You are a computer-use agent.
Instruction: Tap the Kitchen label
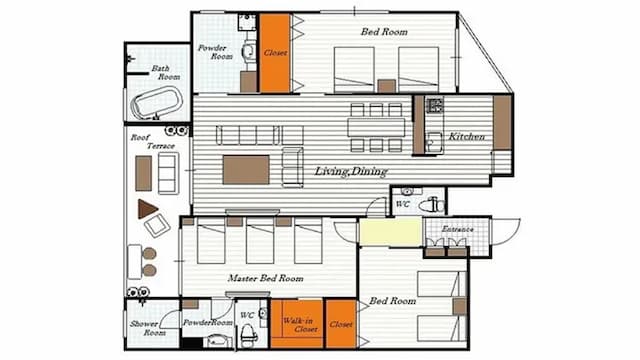coord(467,136)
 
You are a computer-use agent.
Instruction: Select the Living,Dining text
coord(351,171)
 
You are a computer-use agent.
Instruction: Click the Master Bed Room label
coord(266,278)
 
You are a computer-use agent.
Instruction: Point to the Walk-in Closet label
coord(300,324)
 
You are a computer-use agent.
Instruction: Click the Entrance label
coord(458,229)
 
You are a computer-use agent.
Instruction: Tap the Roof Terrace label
coord(153,141)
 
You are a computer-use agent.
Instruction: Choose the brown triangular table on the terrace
coord(147,209)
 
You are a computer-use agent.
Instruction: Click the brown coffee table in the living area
coord(246,169)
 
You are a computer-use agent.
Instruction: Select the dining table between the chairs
coord(376,127)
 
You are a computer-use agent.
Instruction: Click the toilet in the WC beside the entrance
coord(432,204)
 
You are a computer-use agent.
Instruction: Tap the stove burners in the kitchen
coord(435,105)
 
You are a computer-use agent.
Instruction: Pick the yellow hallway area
coord(390,232)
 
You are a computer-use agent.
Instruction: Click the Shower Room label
coord(148,328)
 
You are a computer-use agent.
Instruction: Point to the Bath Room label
coord(165,72)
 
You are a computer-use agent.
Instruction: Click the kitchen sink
coord(433,142)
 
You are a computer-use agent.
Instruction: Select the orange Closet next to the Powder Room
coord(275,53)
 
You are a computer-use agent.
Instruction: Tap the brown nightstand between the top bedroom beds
coord(387,86)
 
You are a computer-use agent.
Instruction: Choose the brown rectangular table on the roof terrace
coord(143,173)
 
